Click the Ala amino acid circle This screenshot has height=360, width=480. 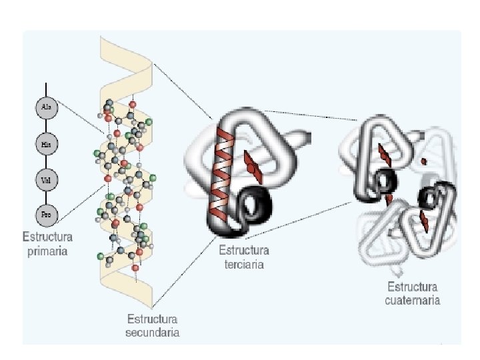46,107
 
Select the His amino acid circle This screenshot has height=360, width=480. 46,143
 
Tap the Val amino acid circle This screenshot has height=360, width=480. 46,179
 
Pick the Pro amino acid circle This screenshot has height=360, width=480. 46,215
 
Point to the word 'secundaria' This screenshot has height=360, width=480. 153,332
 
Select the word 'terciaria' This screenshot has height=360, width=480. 244,265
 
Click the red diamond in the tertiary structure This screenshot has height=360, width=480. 252,164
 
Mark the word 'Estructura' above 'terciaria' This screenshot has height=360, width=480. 244,251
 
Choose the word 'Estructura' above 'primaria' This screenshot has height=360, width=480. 47,237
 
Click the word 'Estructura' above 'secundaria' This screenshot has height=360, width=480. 153,319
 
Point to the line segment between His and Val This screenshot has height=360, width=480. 46,161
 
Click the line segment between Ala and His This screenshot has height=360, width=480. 46,125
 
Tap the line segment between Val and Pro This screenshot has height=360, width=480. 46,197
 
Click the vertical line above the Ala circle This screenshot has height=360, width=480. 46,89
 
